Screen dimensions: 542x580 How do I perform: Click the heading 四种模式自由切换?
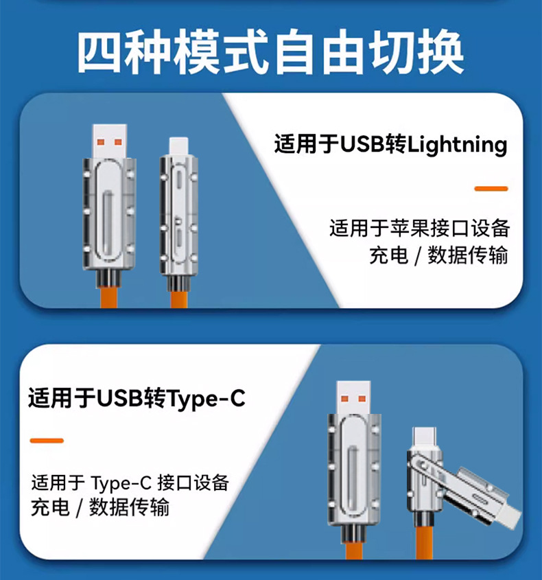270,52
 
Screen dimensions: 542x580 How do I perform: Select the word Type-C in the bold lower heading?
206,398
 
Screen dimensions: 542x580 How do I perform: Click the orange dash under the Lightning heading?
491,188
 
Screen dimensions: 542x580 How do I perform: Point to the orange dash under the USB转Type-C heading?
47,440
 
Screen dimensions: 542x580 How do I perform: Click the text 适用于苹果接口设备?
419,228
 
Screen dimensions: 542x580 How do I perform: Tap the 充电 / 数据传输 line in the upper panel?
438,255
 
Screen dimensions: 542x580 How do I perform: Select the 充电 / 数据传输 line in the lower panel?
100,508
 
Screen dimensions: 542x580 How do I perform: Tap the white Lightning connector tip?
178,144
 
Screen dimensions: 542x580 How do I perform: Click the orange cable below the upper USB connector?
109,297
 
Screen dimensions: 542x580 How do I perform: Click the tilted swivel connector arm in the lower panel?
480,494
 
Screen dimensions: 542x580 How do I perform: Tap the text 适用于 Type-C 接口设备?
130,482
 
